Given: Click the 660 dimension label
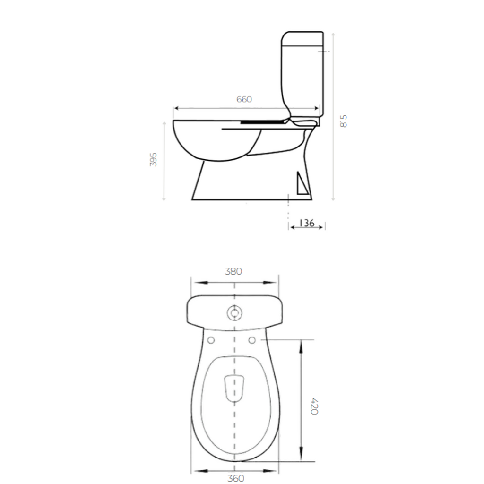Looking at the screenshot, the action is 244,99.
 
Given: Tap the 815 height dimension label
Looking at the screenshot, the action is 343,121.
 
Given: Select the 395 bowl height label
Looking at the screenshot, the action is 154,159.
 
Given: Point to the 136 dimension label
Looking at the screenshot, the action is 307,223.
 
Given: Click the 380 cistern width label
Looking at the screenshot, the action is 233,271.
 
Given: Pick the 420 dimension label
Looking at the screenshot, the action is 314,406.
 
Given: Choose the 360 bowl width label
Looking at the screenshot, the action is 236,478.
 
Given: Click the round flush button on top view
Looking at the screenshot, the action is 234,313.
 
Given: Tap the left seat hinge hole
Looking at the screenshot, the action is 211,340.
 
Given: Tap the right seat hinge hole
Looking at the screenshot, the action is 252,340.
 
